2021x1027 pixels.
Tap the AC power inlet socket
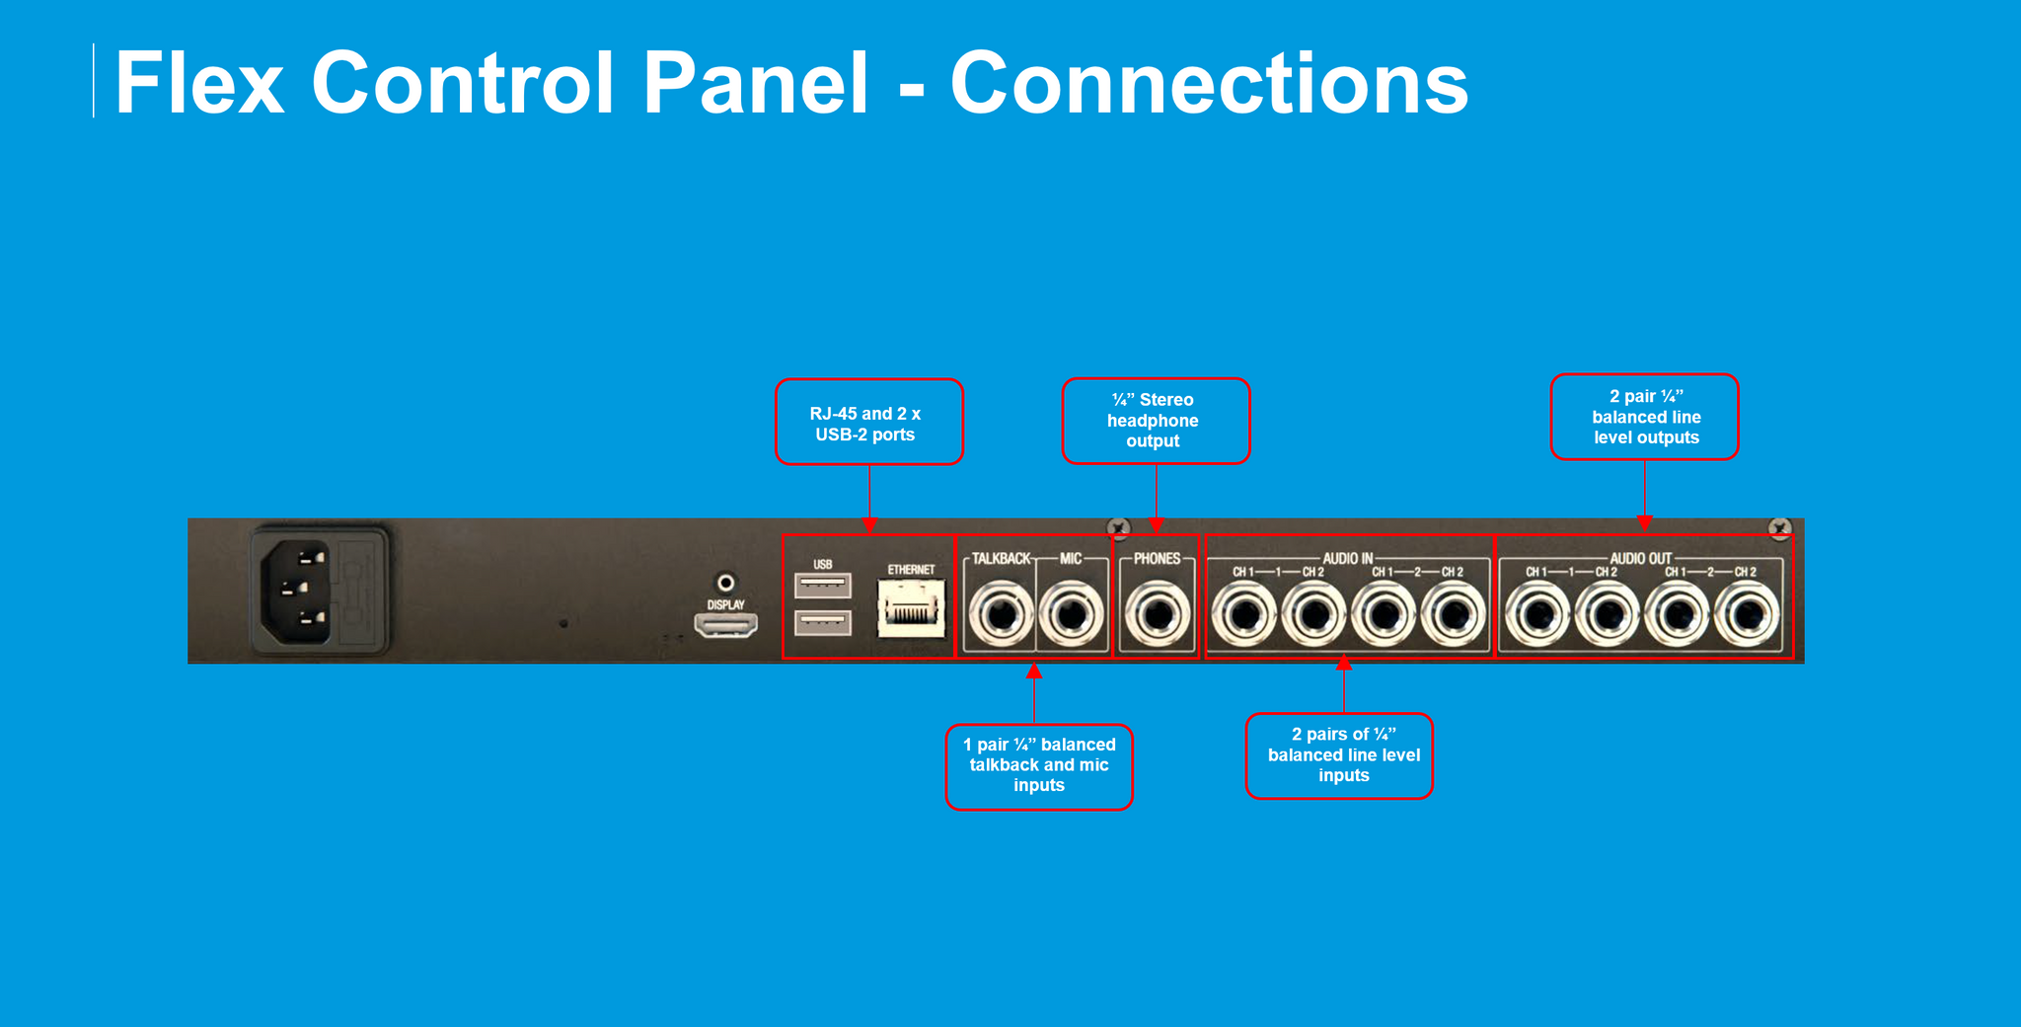coord(295,589)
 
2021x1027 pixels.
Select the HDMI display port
coord(725,625)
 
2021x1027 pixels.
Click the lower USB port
coord(822,623)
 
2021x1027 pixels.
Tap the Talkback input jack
coord(1001,615)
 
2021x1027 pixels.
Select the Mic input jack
coord(1071,615)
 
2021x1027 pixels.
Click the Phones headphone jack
coord(1157,615)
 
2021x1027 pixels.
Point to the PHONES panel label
coord(1157,559)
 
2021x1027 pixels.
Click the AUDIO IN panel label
coord(1347,559)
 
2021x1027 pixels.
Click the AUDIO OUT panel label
coord(1640,559)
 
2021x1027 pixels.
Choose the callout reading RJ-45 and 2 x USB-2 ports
coord(868,423)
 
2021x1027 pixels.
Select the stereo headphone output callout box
coord(1156,421)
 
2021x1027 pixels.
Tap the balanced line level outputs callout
coord(1644,417)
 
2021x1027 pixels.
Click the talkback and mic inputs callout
coord(1039,766)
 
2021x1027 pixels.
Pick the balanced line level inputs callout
coord(1339,755)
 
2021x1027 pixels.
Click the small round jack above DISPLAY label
coord(725,583)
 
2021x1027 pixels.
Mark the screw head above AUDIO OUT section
coord(1779,529)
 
